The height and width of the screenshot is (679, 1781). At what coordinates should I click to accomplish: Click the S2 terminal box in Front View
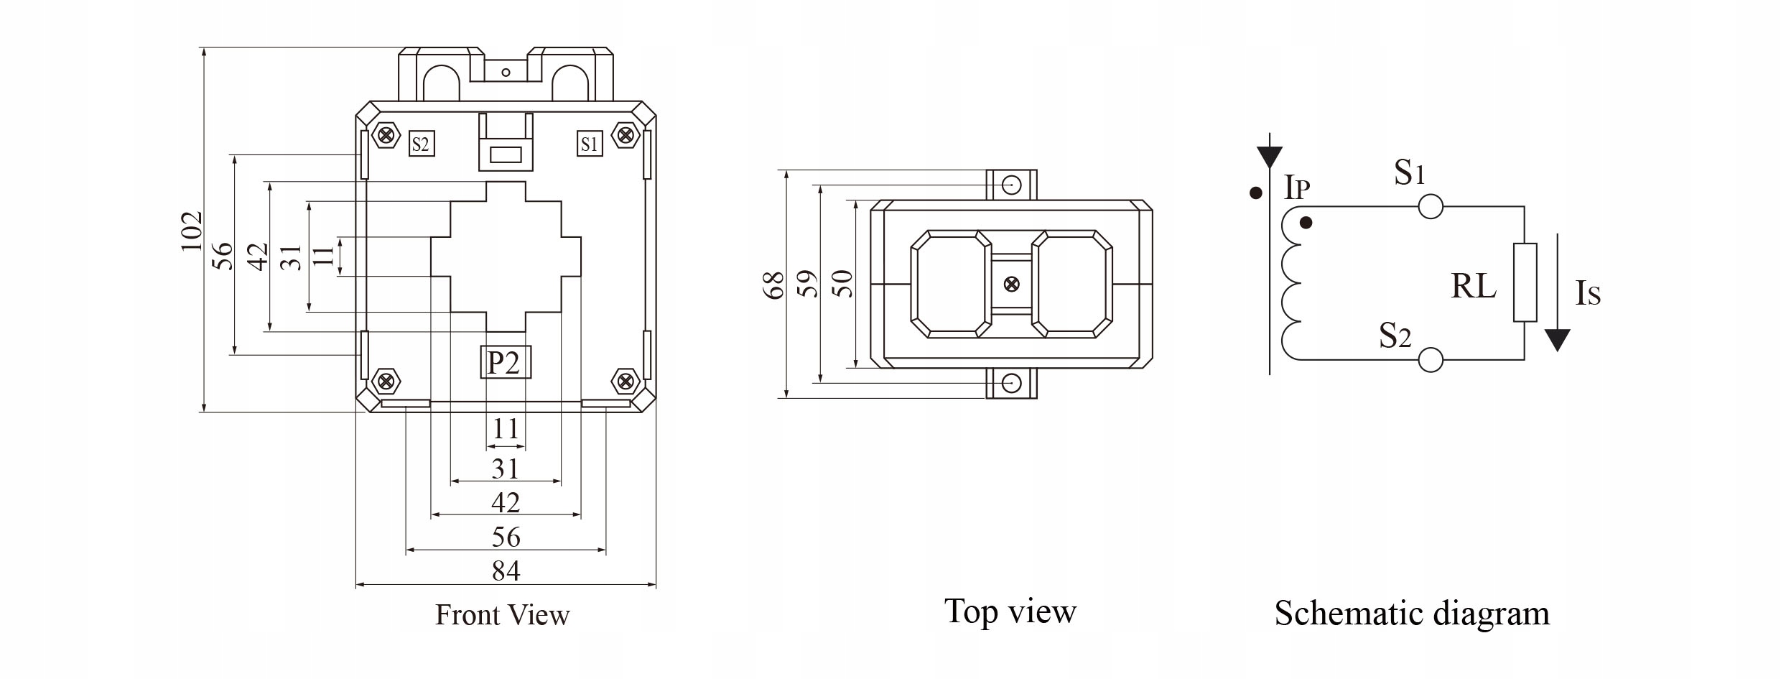pyautogui.click(x=421, y=144)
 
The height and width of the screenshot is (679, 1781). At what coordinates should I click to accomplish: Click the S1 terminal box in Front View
pyautogui.click(x=589, y=144)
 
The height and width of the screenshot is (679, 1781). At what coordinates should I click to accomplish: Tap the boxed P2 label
pyautogui.click(x=505, y=362)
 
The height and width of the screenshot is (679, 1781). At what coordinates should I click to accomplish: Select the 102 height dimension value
pyautogui.click(x=192, y=231)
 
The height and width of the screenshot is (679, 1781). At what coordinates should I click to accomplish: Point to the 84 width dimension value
pyautogui.click(x=506, y=571)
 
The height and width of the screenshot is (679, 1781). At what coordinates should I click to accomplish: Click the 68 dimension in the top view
pyautogui.click(x=773, y=285)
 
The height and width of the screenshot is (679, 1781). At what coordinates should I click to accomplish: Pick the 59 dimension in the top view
pyautogui.click(x=808, y=284)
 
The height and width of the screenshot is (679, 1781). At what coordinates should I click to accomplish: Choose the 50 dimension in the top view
pyautogui.click(x=842, y=284)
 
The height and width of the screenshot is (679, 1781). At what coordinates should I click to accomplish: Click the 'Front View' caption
pyautogui.click(x=502, y=615)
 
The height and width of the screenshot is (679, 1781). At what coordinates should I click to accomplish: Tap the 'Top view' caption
pyautogui.click(x=1010, y=611)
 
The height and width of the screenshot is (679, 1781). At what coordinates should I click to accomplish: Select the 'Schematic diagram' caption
pyautogui.click(x=1412, y=614)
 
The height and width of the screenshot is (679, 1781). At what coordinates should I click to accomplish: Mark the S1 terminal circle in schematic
pyautogui.click(x=1431, y=207)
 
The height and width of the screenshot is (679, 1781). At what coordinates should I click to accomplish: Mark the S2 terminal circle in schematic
pyautogui.click(x=1431, y=359)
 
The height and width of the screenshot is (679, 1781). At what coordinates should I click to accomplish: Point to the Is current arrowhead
pyautogui.click(x=1557, y=341)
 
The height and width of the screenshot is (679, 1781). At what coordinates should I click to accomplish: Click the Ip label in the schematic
pyautogui.click(x=1297, y=188)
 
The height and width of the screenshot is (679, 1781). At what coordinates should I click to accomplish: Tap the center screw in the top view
pyautogui.click(x=1011, y=284)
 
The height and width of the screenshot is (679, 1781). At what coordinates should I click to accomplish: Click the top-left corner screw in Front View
pyautogui.click(x=388, y=134)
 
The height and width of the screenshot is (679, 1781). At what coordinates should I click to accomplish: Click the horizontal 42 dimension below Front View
pyautogui.click(x=506, y=502)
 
